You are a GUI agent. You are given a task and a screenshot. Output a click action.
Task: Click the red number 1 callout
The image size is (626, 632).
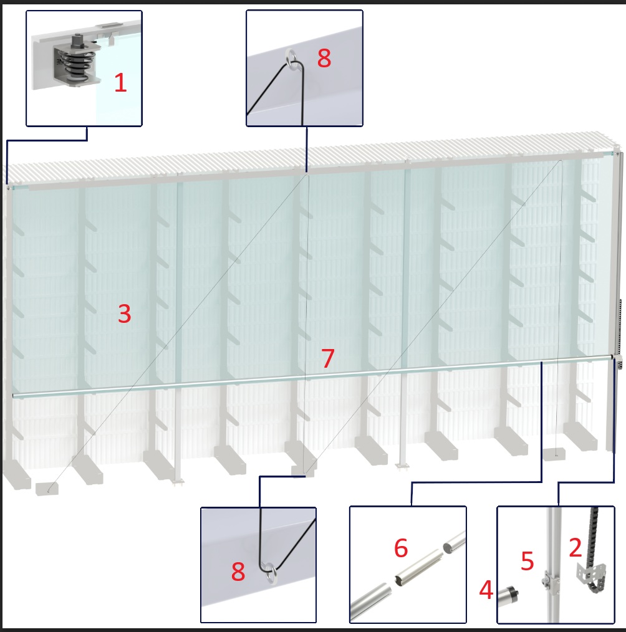click(x=120, y=83)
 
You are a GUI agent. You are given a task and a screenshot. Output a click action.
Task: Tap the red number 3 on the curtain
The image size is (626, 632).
click(x=125, y=314)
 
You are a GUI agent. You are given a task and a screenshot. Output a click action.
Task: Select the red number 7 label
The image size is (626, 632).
click(x=328, y=358)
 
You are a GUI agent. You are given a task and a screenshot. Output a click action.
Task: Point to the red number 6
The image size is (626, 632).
click(x=401, y=548)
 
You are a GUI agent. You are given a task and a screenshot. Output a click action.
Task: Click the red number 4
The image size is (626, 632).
click(x=486, y=590)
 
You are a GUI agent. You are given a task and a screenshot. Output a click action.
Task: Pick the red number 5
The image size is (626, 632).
click(x=527, y=561)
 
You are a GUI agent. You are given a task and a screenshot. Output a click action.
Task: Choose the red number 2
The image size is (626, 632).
click(x=575, y=547)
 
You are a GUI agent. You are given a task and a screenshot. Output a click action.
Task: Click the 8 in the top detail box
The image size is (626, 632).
click(x=324, y=58)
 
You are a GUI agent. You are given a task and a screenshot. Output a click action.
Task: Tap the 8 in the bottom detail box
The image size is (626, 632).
click(x=238, y=571)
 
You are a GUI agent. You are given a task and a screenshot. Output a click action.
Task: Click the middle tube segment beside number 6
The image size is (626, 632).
click(x=418, y=567)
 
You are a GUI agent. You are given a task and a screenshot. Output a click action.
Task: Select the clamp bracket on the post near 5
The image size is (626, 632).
click(x=550, y=580)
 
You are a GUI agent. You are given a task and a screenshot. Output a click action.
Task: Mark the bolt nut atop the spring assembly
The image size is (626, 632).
click(x=77, y=41)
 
